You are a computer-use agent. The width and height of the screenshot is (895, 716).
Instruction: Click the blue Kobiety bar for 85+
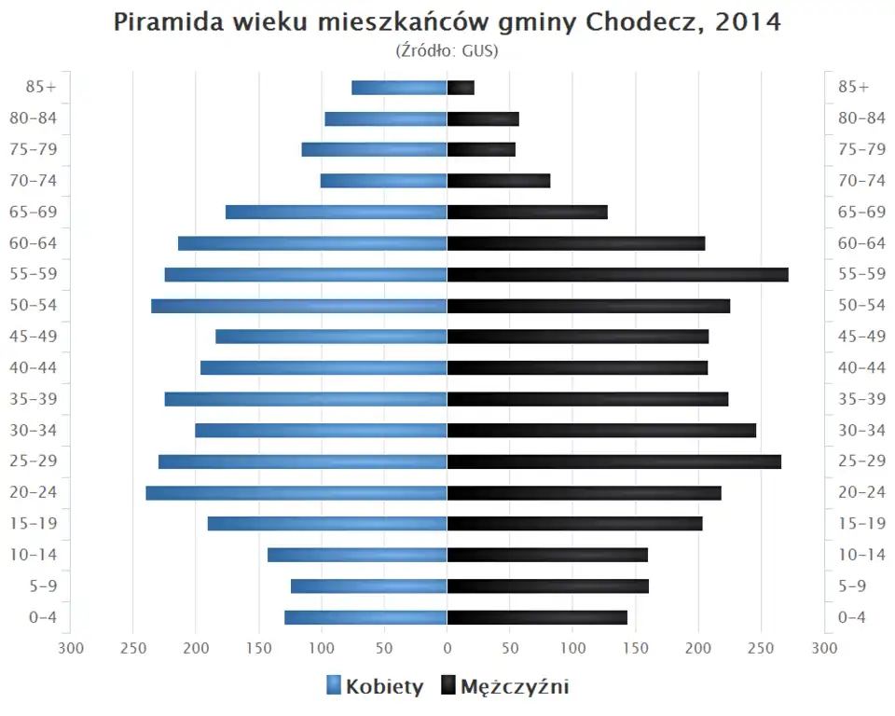point(399,88)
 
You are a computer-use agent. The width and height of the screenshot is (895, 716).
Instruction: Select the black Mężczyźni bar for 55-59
point(617,275)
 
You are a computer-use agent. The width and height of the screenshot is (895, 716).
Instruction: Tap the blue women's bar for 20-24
point(296,493)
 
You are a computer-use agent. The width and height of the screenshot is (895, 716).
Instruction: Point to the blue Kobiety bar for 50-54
point(299,306)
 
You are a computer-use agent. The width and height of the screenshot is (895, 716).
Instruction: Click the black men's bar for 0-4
point(537,617)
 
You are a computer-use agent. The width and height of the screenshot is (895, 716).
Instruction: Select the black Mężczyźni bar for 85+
point(461,88)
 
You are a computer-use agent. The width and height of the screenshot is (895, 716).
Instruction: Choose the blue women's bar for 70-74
point(383,181)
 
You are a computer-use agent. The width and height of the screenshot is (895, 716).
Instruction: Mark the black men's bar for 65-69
point(527,213)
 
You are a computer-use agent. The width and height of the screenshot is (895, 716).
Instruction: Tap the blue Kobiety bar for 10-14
point(357,555)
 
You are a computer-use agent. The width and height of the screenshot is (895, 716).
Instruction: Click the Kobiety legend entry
point(375,687)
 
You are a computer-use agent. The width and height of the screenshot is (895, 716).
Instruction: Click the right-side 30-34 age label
point(861,430)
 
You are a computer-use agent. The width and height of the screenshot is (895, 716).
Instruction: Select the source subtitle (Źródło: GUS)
point(447,50)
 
